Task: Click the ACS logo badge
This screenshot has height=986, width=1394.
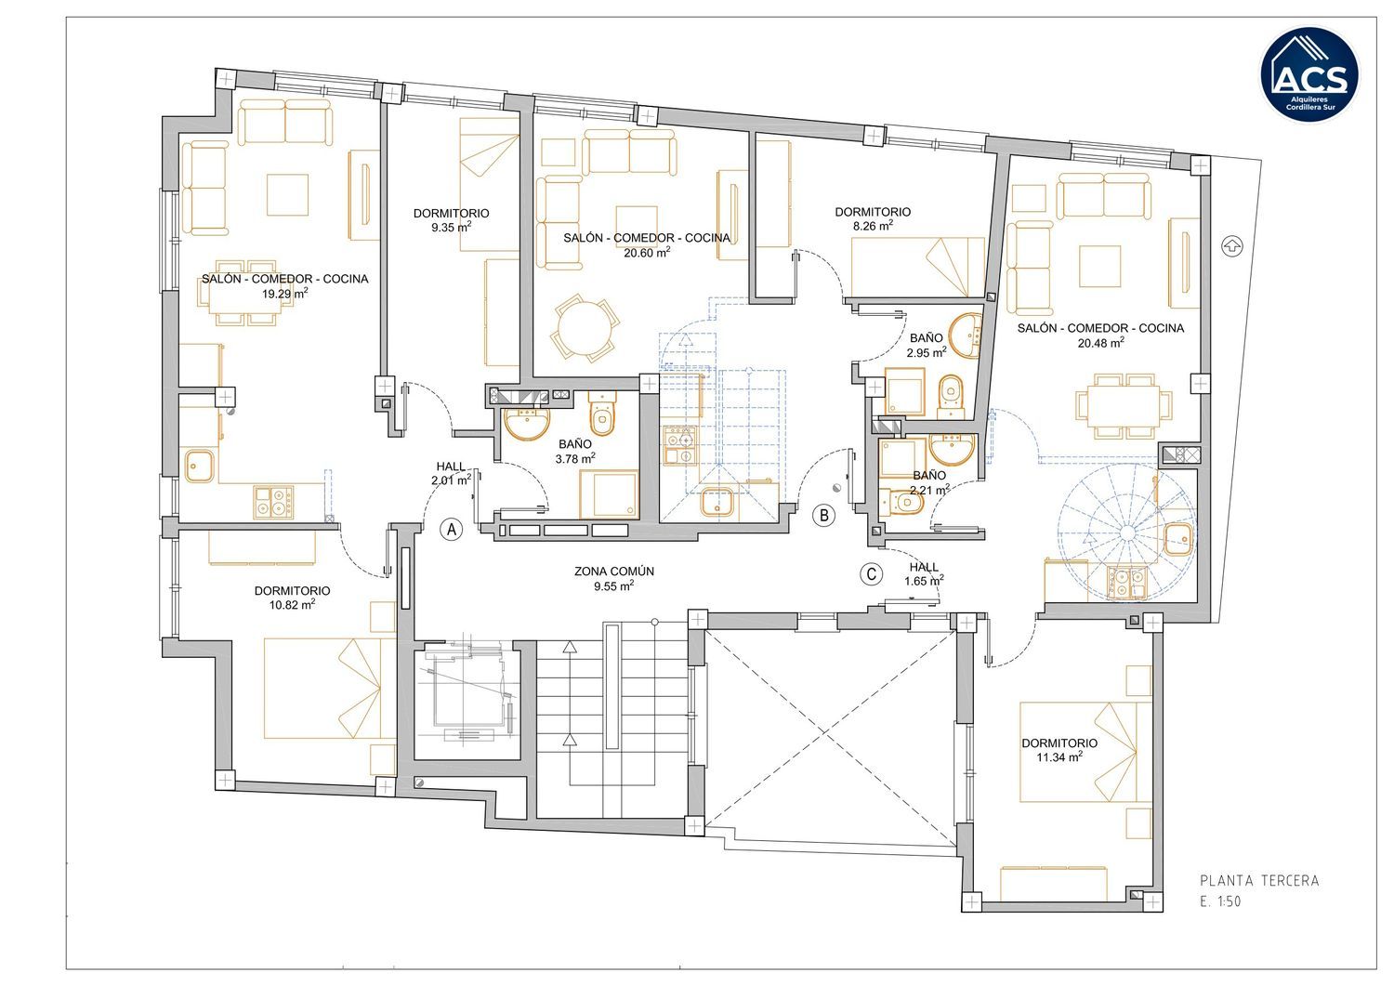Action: coord(1310,74)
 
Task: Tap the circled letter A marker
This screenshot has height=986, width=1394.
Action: coord(451,529)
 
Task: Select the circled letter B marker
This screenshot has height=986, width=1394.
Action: coord(824,516)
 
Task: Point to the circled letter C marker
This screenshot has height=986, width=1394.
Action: coord(872,574)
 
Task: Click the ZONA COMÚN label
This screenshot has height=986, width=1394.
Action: coord(614,572)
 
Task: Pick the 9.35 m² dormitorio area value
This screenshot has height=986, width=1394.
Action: coord(451,227)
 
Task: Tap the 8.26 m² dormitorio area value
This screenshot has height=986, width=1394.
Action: coord(873,226)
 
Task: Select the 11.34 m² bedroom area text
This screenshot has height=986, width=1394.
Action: coord(1059,757)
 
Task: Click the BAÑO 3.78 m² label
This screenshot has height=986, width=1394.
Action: coord(575,452)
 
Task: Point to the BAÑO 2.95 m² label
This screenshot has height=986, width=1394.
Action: coord(926,346)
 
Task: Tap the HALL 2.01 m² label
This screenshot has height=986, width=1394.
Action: coord(451,473)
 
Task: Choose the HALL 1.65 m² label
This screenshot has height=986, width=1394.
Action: coord(924,574)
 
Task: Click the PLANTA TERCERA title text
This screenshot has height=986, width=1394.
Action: coord(1259,881)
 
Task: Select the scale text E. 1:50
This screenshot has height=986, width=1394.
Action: coord(1220,901)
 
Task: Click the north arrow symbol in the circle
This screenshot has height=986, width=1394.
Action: coord(1231,246)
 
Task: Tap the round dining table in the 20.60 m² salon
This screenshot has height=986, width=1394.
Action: coord(585,328)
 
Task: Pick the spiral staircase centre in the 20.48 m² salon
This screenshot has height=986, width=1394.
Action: coord(1127,532)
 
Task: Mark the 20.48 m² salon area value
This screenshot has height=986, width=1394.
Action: coord(1101,342)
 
